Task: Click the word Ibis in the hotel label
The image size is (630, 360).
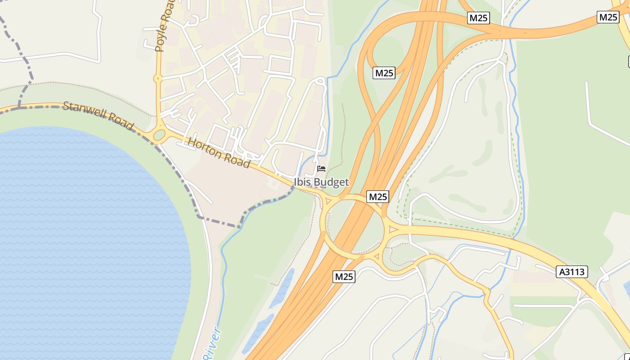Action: click(303, 182)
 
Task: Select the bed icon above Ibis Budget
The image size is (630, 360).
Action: click(321, 169)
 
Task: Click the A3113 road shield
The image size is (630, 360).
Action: click(572, 272)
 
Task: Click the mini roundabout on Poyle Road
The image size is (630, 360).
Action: click(157, 79)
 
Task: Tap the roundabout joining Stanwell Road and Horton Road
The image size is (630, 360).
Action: click(159, 135)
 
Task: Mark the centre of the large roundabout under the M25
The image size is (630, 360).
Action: click(355, 227)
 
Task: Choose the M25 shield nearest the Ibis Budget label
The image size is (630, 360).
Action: click(378, 197)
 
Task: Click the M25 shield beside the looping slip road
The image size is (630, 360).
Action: click(384, 73)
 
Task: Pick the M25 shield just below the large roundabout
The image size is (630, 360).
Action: click(344, 276)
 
